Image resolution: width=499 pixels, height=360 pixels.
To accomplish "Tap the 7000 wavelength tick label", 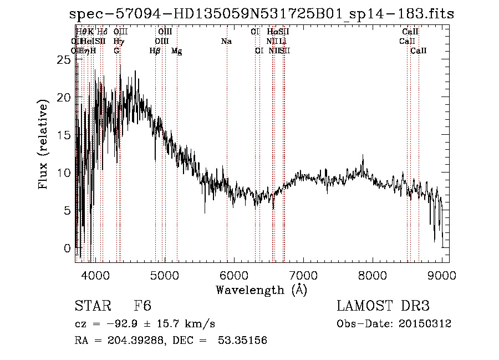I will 303,275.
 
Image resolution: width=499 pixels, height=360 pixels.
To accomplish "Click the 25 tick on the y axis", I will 65,60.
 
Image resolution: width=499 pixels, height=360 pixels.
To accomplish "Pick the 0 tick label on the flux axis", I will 68,248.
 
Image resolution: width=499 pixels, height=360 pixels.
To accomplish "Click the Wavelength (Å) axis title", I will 261,290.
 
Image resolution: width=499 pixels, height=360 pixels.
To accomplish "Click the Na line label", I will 226,42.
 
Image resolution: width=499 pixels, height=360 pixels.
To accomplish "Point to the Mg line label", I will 176,51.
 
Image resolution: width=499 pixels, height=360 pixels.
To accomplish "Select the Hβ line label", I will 155,51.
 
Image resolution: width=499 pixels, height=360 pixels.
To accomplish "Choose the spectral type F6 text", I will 142,306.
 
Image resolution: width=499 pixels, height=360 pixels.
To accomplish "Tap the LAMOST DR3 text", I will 383,306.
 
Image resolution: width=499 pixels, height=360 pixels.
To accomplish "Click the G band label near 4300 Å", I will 116,51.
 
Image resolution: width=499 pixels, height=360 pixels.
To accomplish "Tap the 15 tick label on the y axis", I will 65,135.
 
